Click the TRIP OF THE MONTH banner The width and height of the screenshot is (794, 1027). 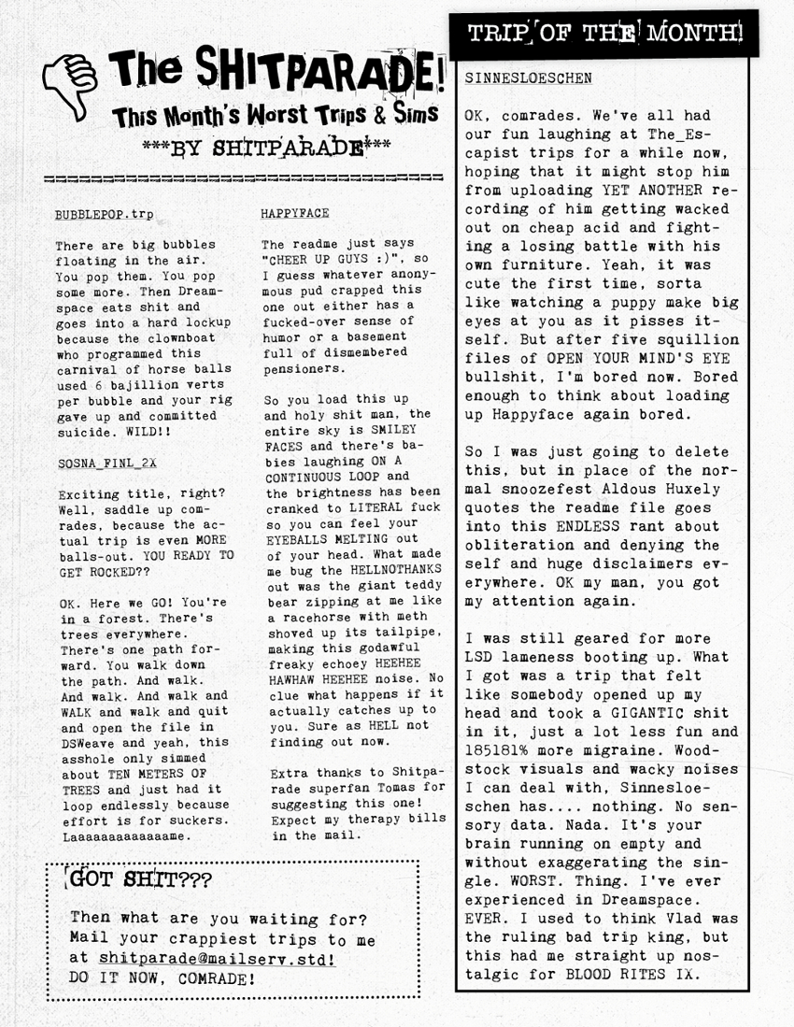coord(605,34)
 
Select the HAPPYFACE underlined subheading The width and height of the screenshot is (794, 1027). coord(295,213)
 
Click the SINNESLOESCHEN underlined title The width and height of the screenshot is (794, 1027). coord(528,78)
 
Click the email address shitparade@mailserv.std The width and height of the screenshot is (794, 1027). coord(217,958)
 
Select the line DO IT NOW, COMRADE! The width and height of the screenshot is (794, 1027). coord(163,978)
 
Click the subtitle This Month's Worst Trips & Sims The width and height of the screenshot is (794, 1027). coord(276,116)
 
